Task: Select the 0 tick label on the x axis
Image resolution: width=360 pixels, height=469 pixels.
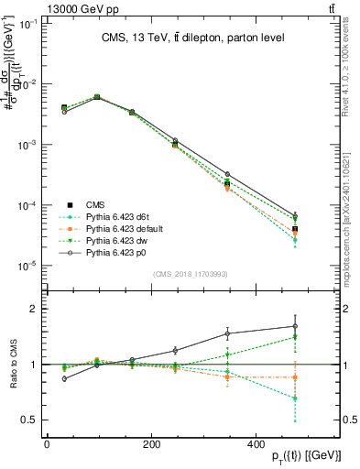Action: coord(46,445)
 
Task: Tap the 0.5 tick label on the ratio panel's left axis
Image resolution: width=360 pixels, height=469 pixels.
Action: coord(26,420)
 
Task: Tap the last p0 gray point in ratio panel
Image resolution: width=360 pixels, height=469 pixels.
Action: coord(320,326)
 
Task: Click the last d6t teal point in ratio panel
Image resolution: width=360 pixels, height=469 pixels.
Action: coord(320,398)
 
